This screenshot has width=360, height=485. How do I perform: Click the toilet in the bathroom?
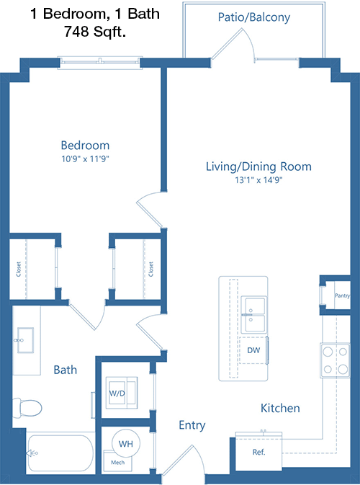click(27, 407)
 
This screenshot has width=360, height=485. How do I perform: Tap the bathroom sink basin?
click(25, 341)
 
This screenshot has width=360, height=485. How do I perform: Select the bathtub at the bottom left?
click(60, 453)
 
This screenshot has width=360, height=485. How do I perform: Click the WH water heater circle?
click(126, 443)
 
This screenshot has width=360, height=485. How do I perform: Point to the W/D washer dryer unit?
click(122, 393)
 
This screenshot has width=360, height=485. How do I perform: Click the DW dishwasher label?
click(253, 350)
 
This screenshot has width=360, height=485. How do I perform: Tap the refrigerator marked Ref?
click(258, 451)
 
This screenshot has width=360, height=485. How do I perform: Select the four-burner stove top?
click(335, 360)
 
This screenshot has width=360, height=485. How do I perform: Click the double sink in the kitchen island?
click(253, 315)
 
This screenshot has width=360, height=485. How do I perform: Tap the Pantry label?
click(343, 295)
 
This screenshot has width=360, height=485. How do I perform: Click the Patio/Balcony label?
click(254, 17)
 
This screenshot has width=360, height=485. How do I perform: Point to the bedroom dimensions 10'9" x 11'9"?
click(86, 159)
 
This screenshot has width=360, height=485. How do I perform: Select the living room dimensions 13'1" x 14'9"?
click(259, 179)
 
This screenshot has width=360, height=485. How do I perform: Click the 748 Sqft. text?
click(95, 32)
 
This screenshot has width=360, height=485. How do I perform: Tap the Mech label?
click(118, 463)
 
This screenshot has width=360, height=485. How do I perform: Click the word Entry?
click(192, 425)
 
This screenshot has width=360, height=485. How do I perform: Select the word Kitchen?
click(280, 409)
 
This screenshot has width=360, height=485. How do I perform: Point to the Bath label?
click(66, 370)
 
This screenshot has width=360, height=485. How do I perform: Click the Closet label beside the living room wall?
click(150, 269)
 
